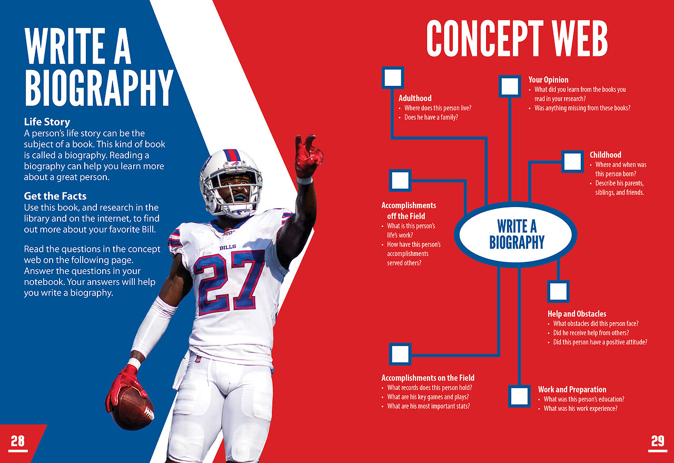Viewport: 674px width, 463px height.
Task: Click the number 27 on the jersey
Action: click(x=229, y=281)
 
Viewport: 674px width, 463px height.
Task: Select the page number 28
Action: click(x=18, y=441)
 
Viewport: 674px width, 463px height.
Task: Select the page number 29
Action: click(x=658, y=441)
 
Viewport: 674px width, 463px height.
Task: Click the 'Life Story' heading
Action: click(x=47, y=122)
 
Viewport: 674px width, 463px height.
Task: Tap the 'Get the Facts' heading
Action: click(x=55, y=196)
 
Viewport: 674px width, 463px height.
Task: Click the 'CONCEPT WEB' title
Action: click(x=517, y=38)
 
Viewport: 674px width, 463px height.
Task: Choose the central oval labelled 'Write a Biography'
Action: click(x=516, y=234)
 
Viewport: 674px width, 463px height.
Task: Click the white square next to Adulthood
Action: click(x=393, y=77)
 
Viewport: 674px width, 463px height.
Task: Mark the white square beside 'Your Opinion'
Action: click(x=510, y=86)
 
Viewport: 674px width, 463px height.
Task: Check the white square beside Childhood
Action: click(x=572, y=162)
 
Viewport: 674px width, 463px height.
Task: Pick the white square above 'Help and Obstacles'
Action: click(x=558, y=291)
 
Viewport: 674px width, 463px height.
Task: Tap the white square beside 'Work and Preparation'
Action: click(x=519, y=396)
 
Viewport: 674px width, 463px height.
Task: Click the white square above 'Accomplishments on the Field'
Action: click(x=400, y=354)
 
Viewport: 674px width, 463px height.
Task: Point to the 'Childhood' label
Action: click(x=606, y=155)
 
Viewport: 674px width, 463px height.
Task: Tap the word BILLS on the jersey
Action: click(x=228, y=247)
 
